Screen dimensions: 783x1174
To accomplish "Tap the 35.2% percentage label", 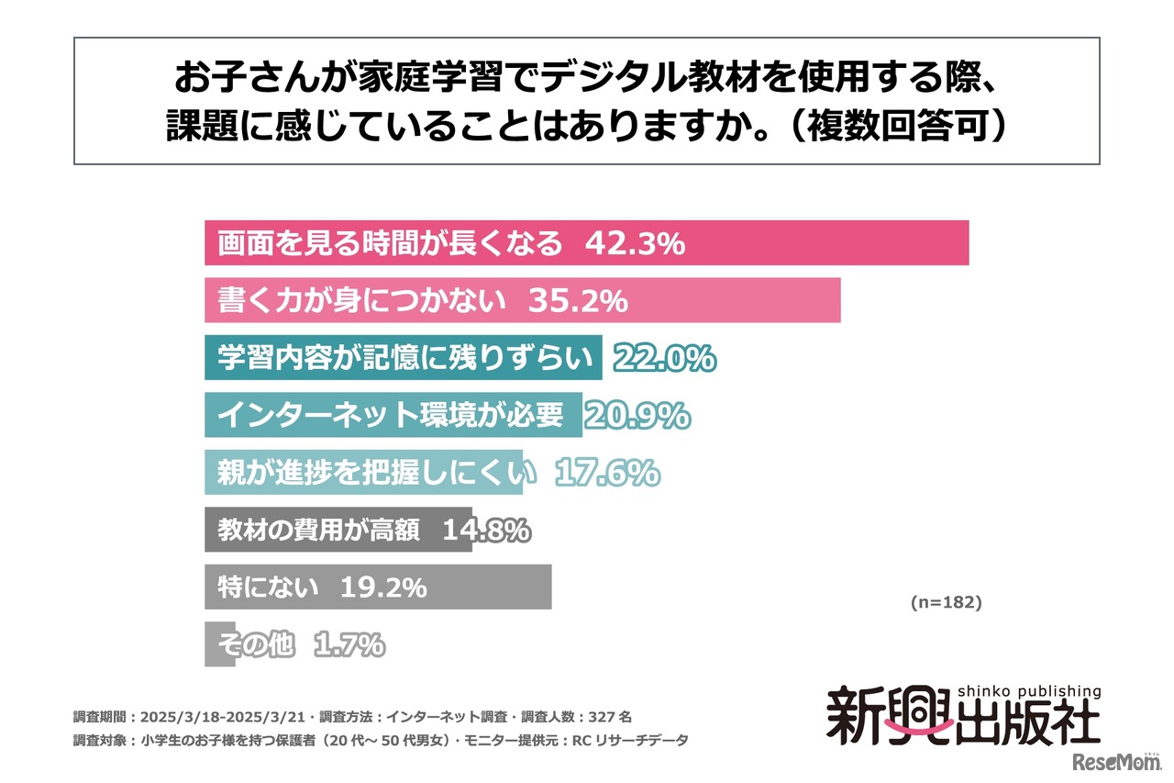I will coord(577,301).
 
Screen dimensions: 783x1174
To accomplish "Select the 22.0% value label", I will coord(664,359).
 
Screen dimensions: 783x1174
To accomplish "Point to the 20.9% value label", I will coord(637,416).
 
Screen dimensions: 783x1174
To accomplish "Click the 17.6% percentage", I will coord(607,473).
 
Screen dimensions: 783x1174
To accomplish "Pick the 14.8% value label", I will coord(485,531).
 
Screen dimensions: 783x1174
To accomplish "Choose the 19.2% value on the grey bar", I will coord(383,587).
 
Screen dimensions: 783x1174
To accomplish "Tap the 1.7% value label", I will coord(349,645).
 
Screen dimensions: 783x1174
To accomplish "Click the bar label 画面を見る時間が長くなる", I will coord(389,244).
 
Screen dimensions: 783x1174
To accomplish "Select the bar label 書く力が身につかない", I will coord(361,301).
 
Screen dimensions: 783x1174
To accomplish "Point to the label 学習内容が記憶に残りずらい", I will coord(404,359).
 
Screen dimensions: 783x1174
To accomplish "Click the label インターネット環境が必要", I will coord(390,416).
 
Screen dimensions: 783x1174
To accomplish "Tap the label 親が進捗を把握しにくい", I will coord(376,473).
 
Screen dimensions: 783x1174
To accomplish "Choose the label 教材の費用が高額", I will coord(319,531).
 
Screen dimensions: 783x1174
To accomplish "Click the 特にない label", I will coord(268,587).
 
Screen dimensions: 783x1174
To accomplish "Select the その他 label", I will coord(256,645).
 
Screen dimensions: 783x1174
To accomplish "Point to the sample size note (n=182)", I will coord(946,602).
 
